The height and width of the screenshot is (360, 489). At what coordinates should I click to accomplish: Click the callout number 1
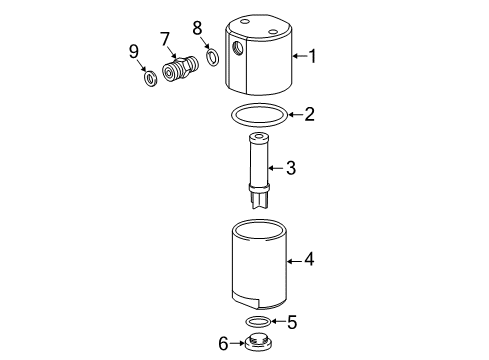click(x=312, y=56)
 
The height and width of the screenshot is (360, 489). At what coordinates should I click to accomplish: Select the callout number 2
click(x=310, y=114)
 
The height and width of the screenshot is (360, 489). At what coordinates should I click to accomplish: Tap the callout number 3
click(x=291, y=167)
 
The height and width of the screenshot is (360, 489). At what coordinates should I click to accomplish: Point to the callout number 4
click(x=310, y=259)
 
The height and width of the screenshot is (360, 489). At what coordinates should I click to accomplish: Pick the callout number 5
click(x=292, y=322)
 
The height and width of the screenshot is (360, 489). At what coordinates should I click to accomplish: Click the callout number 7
click(x=165, y=39)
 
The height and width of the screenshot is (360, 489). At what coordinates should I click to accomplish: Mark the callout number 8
click(x=197, y=28)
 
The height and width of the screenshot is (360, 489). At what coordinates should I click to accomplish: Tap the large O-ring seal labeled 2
click(x=258, y=115)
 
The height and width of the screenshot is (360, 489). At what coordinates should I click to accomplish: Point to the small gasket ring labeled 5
click(x=258, y=322)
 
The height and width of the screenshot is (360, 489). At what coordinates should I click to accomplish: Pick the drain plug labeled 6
click(x=258, y=344)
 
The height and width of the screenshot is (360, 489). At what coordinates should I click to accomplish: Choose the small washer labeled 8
click(x=212, y=57)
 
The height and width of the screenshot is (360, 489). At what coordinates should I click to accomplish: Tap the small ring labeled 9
click(x=148, y=78)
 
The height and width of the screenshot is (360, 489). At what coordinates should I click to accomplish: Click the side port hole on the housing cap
click(x=239, y=48)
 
